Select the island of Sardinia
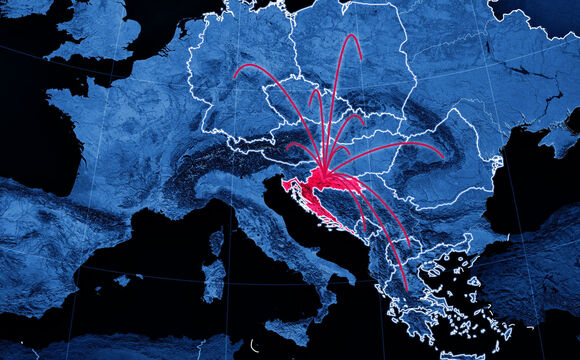point(213,278)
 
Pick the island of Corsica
point(216,242)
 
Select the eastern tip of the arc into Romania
point(442,157)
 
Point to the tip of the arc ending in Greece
point(406,290)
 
